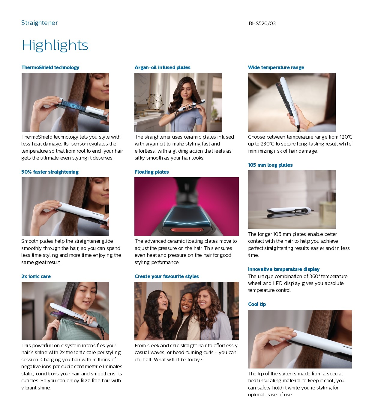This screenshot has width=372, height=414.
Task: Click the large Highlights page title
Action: tap(55, 46)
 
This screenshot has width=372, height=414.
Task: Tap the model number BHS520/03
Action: tap(262, 24)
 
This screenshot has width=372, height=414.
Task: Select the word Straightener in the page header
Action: tap(39, 23)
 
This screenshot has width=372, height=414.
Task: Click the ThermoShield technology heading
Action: tap(50, 67)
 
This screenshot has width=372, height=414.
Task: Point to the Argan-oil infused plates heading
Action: tap(162, 67)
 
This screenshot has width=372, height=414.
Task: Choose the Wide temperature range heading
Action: tap(276, 67)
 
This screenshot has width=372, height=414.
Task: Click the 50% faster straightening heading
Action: tap(50, 172)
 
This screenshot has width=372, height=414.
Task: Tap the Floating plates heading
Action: tap(151, 172)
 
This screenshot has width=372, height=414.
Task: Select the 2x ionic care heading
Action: tap(36, 276)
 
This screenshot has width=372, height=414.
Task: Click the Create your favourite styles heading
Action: tap(167, 276)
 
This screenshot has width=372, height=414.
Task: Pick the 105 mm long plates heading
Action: tap(270, 165)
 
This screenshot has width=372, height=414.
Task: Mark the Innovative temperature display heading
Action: tap(284, 269)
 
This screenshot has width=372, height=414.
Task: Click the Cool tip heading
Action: tap(257, 304)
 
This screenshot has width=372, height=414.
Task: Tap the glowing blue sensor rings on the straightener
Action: tap(73, 105)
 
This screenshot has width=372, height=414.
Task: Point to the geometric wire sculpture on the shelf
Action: tap(155, 102)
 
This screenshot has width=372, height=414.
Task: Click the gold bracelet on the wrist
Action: tap(309, 125)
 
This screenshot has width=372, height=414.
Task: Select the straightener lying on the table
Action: tap(290, 213)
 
